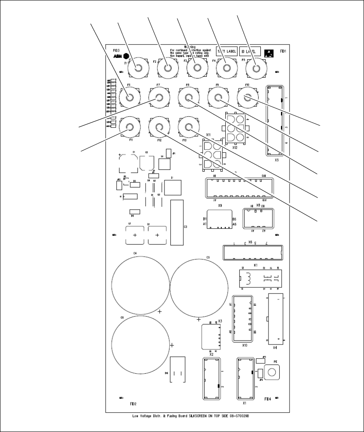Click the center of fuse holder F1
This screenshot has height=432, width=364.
click(x=138, y=68)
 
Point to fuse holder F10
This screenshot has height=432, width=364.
click(x=247, y=98)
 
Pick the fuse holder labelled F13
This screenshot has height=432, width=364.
click(x=188, y=127)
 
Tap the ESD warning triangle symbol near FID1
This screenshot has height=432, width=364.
click(x=269, y=53)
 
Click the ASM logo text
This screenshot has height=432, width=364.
click(x=117, y=56)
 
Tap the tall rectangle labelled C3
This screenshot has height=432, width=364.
click(x=176, y=222)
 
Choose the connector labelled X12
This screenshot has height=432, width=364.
click(x=235, y=129)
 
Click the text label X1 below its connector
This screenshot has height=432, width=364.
click(x=245, y=403)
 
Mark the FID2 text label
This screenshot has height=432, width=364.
click(x=133, y=404)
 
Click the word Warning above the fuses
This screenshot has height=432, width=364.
click(x=190, y=46)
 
